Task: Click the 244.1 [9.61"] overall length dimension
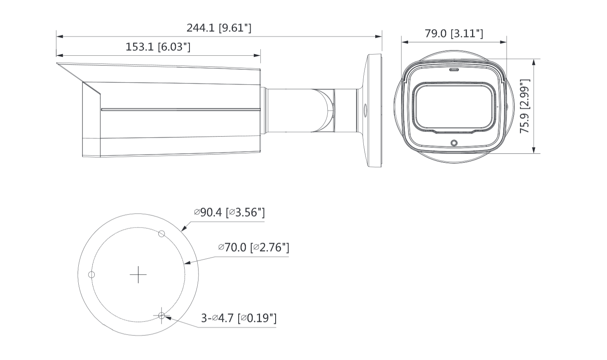coord(219,28)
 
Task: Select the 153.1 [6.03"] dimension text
coord(158,47)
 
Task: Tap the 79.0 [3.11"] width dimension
coord(454,34)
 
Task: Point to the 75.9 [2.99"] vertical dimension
coord(525,106)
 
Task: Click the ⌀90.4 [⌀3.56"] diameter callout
coord(229,212)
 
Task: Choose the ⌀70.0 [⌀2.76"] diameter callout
coord(253,248)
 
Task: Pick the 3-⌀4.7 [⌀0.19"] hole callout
coord(239,318)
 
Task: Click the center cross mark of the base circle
coord(138,274)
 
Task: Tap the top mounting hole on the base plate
coord(162,234)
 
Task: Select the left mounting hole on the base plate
coord(92,274)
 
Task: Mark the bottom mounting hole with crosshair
coord(162,316)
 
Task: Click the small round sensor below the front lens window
coord(454,143)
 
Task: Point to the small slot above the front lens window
coord(454,70)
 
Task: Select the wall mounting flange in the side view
coord(374,111)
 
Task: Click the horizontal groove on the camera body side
coord(180,110)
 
